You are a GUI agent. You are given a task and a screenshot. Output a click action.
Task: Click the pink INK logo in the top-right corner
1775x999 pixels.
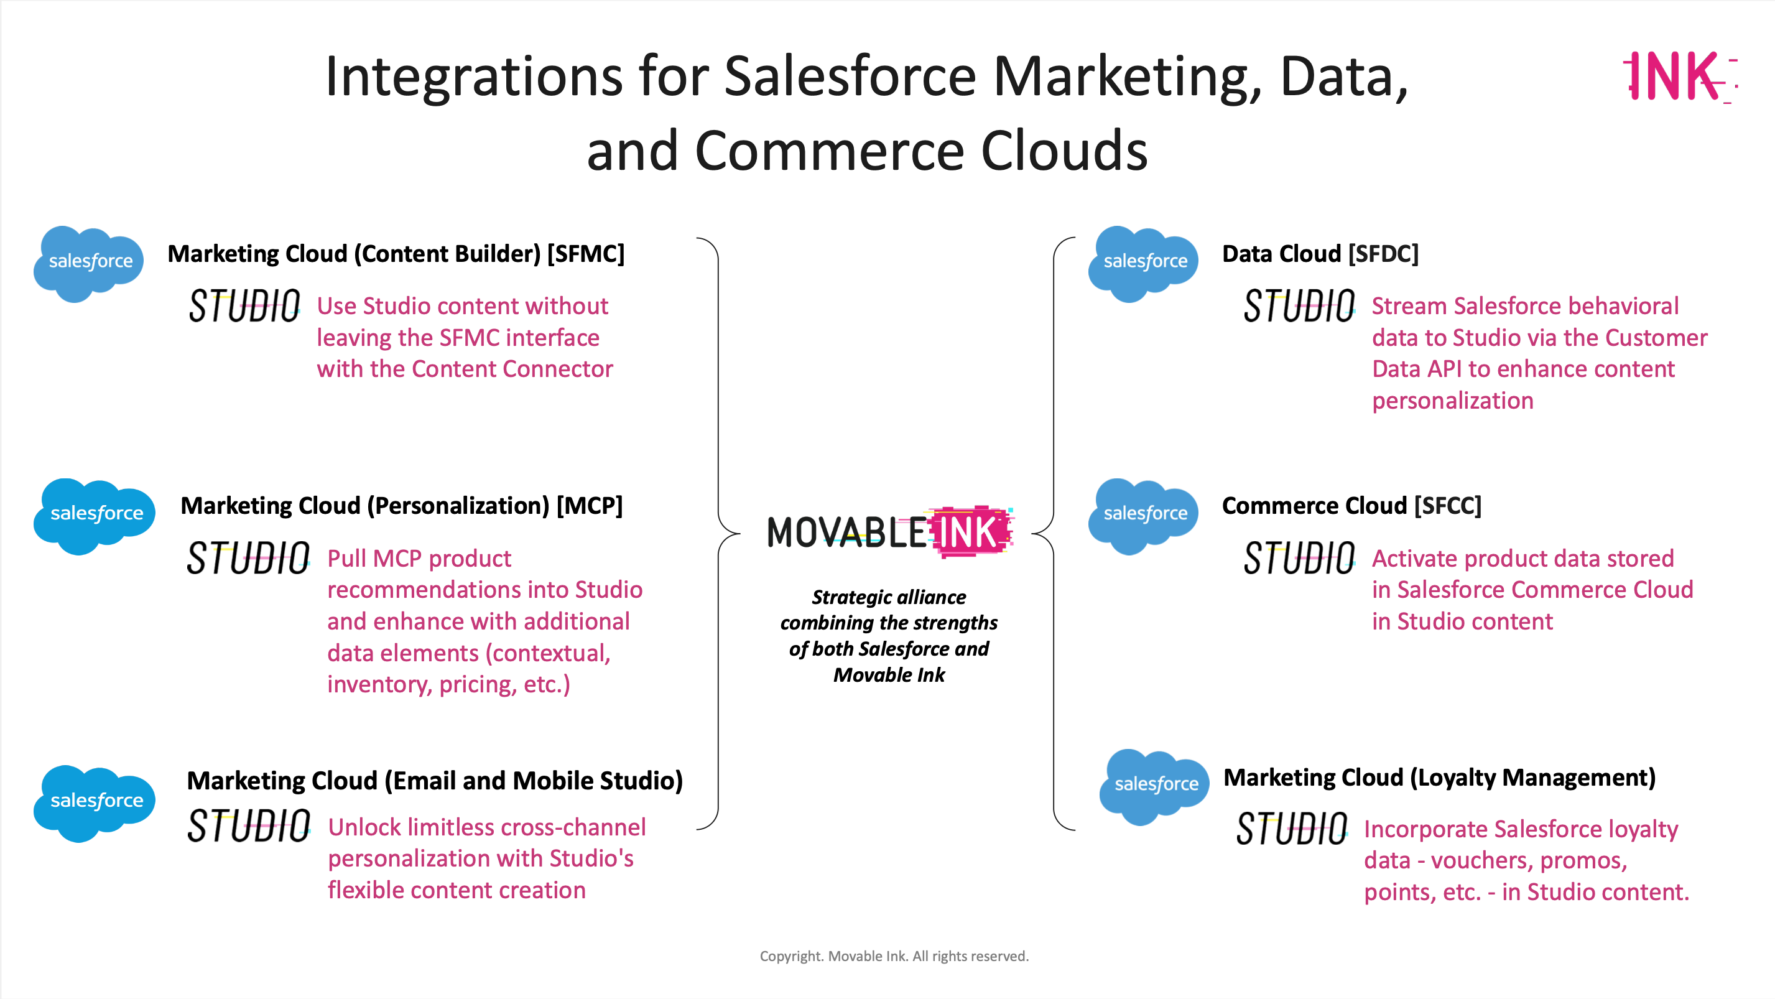pyautogui.click(x=1680, y=76)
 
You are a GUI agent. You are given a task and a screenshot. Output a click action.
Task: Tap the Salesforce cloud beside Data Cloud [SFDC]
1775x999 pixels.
pyautogui.click(x=1143, y=264)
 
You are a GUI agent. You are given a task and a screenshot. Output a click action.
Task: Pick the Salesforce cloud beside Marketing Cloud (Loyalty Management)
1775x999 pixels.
pyautogui.click(x=1154, y=787)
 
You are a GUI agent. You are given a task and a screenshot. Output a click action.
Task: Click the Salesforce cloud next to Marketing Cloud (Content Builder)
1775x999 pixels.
pyautogui.click(x=89, y=264)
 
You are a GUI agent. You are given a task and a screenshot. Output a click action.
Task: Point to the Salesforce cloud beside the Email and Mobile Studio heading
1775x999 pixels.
pyautogui.click(x=95, y=803)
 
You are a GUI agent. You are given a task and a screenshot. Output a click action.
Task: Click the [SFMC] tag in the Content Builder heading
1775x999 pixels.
pyautogui.click(x=586, y=254)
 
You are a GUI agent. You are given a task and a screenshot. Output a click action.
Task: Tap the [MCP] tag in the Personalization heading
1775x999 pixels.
pyautogui.click(x=589, y=506)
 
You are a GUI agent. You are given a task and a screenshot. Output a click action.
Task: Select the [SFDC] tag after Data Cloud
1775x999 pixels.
pyautogui.click(x=1384, y=254)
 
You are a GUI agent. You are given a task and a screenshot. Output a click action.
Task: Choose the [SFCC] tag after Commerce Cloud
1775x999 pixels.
pyautogui.click(x=1448, y=506)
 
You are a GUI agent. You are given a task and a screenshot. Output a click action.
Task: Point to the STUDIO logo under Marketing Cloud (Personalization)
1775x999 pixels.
pyautogui.click(x=249, y=558)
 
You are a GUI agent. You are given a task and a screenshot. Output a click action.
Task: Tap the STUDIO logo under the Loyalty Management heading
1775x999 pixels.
pyautogui.click(x=1292, y=828)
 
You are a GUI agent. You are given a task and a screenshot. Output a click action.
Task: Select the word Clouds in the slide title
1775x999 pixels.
pyautogui.click(x=1065, y=150)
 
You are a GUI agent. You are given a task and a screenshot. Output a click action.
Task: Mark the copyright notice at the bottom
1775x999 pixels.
pyautogui.click(x=894, y=956)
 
